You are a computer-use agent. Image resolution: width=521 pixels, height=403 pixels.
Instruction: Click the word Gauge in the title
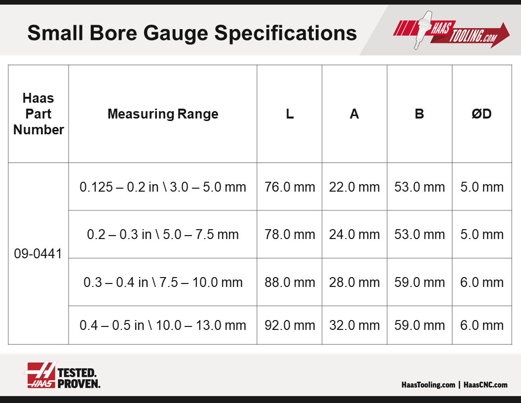(x=176, y=34)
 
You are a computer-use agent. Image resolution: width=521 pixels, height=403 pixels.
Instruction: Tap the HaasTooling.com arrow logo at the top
(x=451, y=31)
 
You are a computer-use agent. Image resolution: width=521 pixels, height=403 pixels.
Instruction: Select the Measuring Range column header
(x=163, y=114)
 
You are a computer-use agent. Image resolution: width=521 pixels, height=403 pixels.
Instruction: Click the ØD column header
(x=482, y=114)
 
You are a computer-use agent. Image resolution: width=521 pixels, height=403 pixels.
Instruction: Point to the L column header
(x=290, y=114)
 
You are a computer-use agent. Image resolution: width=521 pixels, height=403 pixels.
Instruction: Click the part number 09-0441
(x=38, y=254)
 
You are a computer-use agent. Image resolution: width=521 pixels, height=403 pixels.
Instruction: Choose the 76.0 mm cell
(x=290, y=187)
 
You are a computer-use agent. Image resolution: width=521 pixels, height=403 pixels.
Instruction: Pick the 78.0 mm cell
(x=290, y=235)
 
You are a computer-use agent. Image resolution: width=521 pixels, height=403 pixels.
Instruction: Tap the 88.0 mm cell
(x=290, y=282)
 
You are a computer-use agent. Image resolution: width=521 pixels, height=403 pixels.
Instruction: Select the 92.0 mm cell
(x=290, y=325)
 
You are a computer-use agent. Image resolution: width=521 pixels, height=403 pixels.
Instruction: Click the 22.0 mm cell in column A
(x=354, y=187)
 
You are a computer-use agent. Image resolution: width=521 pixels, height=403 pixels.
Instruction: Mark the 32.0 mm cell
(x=354, y=325)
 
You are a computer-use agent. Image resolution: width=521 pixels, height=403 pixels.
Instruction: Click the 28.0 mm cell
(x=354, y=282)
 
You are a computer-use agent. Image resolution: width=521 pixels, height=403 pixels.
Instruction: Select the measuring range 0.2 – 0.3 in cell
(x=163, y=235)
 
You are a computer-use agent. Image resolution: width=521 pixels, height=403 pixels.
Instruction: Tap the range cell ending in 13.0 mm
(x=163, y=325)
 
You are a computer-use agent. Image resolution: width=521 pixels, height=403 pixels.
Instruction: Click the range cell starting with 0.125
(x=163, y=187)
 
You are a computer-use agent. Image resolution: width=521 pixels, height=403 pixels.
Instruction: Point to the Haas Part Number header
(x=38, y=114)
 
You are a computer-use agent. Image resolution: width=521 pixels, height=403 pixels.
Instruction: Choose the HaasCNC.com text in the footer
(x=485, y=385)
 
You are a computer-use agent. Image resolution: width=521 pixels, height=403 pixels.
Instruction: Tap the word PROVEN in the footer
(x=79, y=384)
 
